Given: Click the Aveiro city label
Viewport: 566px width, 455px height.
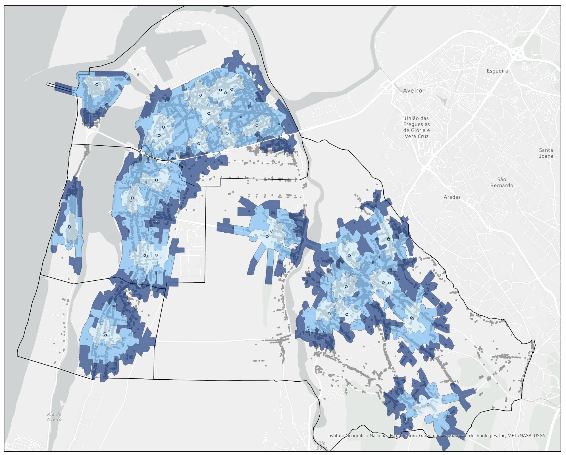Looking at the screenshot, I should click(413, 91).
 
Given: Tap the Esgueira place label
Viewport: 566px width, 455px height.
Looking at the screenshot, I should click(497, 71).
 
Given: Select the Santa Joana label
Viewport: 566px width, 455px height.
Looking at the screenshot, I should click(546, 153).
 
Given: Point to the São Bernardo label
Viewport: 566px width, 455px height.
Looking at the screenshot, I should click(505, 182).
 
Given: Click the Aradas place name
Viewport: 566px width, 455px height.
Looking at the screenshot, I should click(452, 197).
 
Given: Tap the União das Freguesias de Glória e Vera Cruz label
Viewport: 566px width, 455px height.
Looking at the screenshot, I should click(417, 127).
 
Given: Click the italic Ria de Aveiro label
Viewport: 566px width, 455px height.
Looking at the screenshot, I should click(55, 417).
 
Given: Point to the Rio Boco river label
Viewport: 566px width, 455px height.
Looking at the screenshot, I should click(322, 446).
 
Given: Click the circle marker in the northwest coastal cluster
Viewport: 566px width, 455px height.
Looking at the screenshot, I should click(97, 84).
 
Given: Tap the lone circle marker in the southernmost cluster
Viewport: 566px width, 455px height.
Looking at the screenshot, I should click(428, 405).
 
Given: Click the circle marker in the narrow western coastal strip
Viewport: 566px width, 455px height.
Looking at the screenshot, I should click(69, 227).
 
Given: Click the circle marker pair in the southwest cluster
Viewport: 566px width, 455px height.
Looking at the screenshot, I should click(105, 334).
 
